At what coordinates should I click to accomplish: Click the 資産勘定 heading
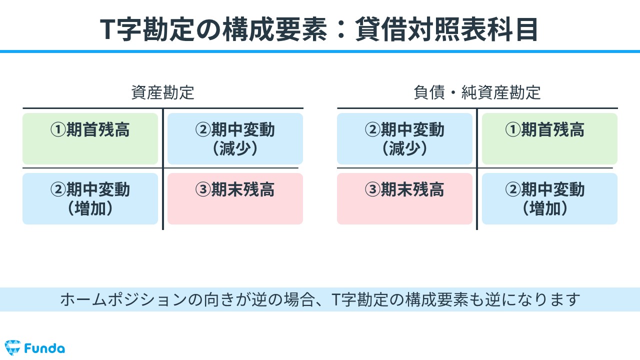(x=163, y=92)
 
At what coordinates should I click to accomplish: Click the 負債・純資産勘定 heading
(x=477, y=92)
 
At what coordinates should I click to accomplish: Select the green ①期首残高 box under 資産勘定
(x=90, y=138)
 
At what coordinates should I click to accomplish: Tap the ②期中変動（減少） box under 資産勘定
(x=235, y=138)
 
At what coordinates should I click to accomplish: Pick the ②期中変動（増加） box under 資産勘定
(x=90, y=198)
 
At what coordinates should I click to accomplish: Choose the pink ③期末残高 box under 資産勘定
(x=235, y=198)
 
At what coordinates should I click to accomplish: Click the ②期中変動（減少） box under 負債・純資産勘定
(x=404, y=138)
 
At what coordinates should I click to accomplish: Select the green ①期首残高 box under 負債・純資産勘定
(x=549, y=138)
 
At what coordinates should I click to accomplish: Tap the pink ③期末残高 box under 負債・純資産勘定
(x=404, y=198)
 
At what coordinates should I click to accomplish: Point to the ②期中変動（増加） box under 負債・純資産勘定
(x=549, y=198)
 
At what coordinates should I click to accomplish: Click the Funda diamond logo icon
(x=12, y=347)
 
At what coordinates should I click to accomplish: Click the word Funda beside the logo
(x=44, y=348)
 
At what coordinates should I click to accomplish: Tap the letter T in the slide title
(x=108, y=29)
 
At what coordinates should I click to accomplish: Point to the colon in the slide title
(x=341, y=29)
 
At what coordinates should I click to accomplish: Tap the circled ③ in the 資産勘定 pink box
(x=203, y=189)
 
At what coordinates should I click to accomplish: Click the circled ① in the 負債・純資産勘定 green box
(x=513, y=129)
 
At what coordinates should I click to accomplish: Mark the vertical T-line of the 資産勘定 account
(x=163, y=169)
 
